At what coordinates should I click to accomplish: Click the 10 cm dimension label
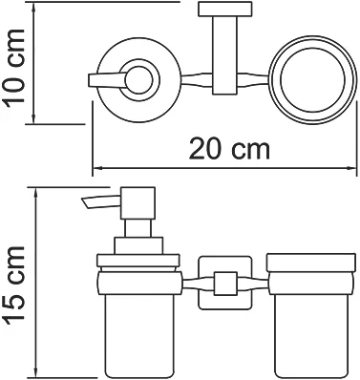(x=13, y=66)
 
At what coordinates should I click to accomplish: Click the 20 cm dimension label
(x=229, y=149)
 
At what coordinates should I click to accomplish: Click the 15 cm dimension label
(x=13, y=285)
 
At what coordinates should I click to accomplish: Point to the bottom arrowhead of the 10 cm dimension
(x=34, y=118)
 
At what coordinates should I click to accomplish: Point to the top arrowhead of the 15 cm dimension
(x=37, y=193)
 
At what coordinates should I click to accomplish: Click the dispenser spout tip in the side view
(x=85, y=203)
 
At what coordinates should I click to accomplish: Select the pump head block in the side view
(x=138, y=202)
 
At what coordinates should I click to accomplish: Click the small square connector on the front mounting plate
(x=225, y=284)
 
